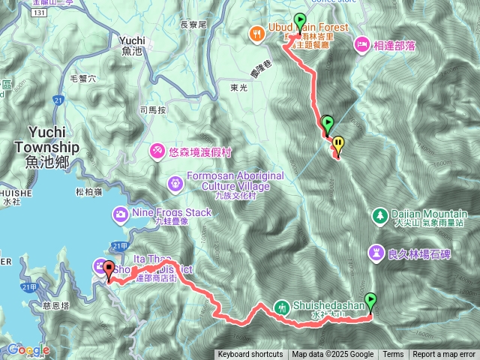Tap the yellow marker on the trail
(338, 142)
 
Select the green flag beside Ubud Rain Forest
(301, 22)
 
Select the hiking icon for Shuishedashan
(282, 306)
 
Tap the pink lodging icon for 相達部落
(361, 45)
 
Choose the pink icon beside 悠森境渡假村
(157, 150)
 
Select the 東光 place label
(239, 88)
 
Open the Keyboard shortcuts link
(250, 355)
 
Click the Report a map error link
(444, 355)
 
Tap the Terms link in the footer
(393, 355)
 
